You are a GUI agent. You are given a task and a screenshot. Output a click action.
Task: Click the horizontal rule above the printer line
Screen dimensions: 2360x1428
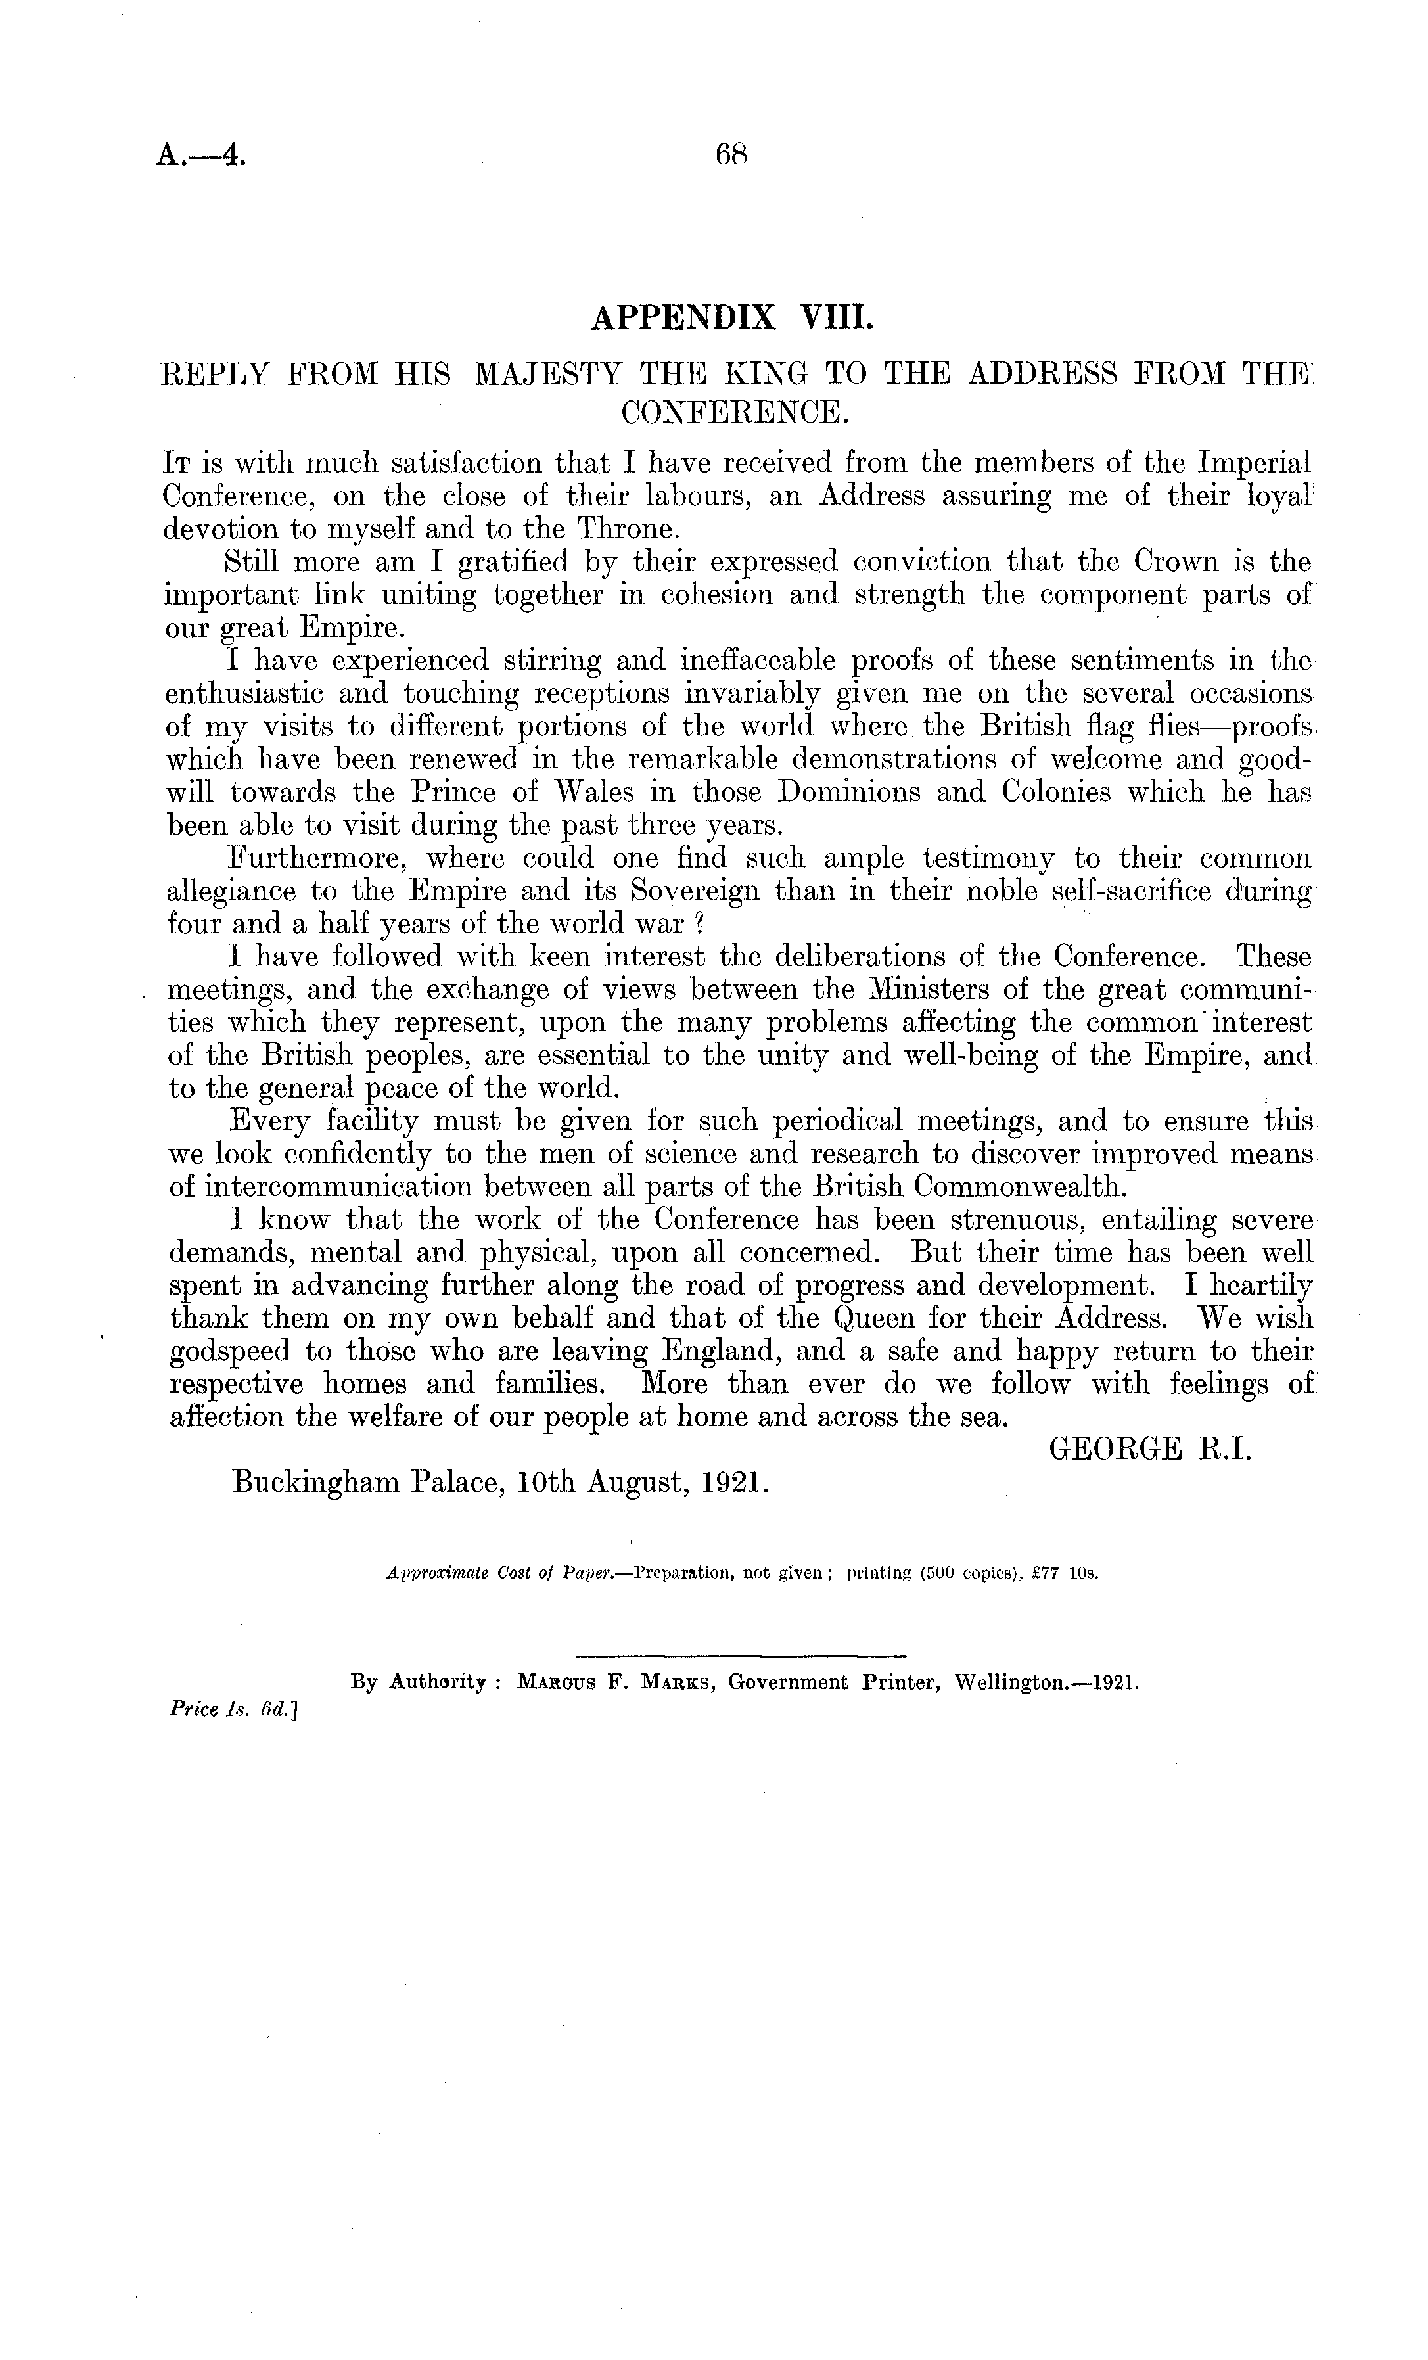point(741,1655)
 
